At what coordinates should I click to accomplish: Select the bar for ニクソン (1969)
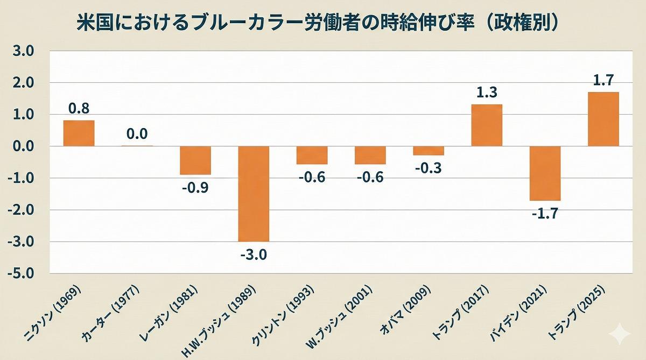(79, 133)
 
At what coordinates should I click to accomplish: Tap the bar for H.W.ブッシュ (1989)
(254, 194)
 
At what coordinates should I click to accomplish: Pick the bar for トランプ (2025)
(603, 119)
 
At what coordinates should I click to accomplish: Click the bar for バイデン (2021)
(545, 173)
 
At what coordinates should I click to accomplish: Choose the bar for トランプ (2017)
(487, 125)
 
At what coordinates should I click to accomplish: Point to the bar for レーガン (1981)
(195, 160)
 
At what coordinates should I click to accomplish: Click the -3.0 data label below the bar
(254, 253)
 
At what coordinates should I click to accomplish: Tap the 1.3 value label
(487, 93)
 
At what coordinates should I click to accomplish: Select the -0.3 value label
(429, 167)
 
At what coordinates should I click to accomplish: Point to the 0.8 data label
(79, 108)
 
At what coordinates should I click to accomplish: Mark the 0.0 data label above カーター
(137, 133)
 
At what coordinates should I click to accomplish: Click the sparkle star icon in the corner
(619, 334)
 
